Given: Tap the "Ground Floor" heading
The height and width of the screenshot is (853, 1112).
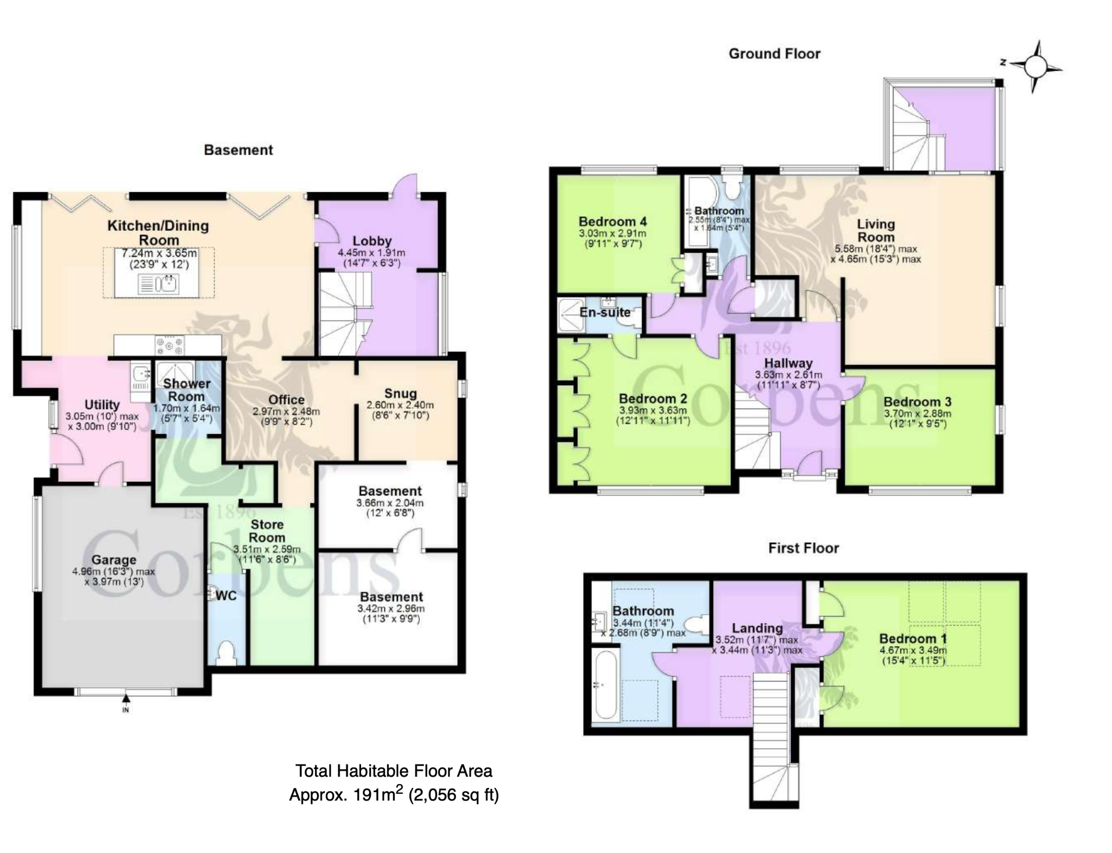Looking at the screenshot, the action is (774, 54).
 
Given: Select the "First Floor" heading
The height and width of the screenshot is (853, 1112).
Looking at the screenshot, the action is (804, 548).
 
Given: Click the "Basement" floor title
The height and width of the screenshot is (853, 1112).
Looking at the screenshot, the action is (238, 150).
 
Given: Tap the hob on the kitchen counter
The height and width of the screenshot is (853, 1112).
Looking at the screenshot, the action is (169, 344).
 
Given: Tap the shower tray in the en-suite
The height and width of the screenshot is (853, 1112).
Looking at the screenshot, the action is (572, 315).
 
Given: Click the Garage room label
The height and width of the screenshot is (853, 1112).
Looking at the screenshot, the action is (113, 560).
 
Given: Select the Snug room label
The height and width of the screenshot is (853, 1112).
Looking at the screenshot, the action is (400, 393).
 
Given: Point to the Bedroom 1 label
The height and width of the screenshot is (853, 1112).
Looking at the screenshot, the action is (908, 638).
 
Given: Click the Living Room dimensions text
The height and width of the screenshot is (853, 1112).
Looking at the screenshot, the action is (875, 254).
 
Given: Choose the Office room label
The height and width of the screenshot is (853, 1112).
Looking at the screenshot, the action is (286, 400).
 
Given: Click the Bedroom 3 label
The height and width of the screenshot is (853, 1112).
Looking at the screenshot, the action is (917, 402).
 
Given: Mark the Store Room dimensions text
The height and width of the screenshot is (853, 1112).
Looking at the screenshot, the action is (267, 554).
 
